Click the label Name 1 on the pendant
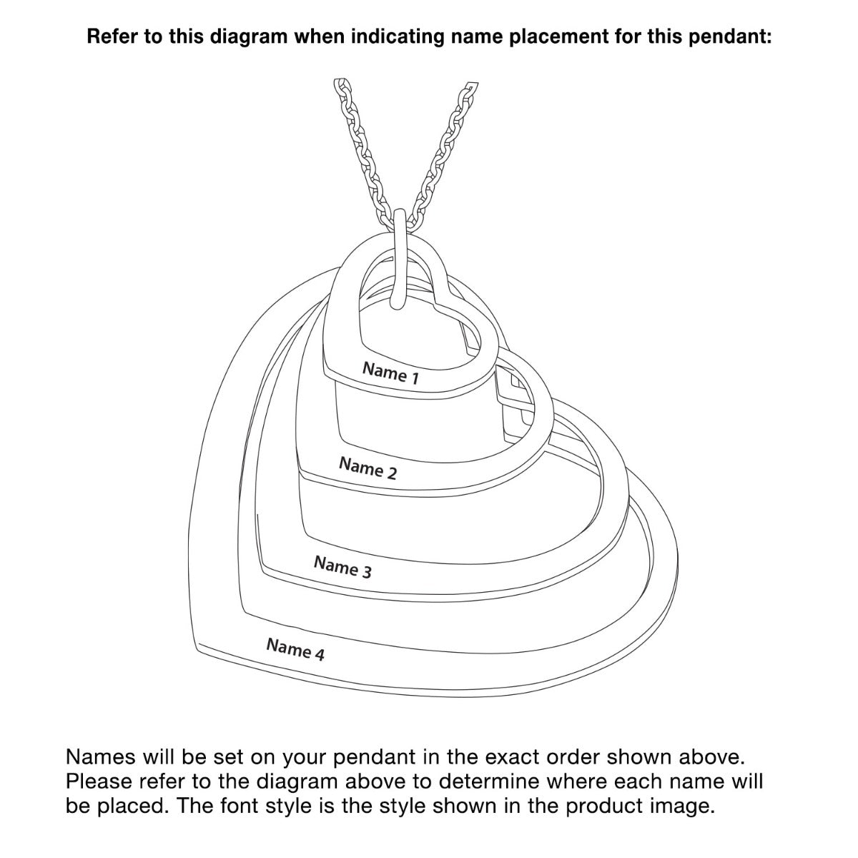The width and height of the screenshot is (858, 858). pos(390,373)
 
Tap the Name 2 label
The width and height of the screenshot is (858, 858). pos(368,468)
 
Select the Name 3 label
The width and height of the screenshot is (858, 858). pos(342,567)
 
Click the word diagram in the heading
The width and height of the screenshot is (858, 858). pos(249,36)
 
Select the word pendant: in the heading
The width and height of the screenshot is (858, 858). pos(730,36)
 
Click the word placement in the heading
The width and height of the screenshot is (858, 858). pos(559,36)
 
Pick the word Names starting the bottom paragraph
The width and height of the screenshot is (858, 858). pos(101,757)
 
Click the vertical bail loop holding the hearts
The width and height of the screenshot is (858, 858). pos(399,259)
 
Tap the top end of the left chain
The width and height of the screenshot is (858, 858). pos(342,83)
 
